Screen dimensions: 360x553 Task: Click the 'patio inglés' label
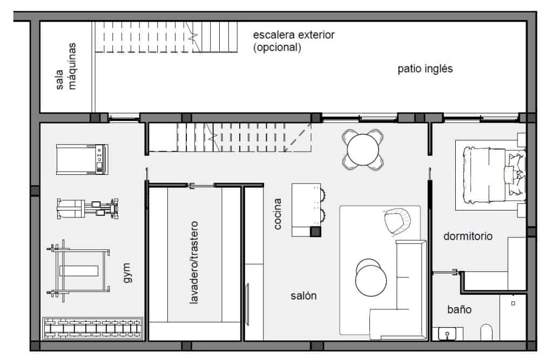tap(425, 69)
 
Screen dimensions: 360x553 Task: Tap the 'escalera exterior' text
tap(294, 35)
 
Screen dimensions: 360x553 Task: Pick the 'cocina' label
tap(278, 214)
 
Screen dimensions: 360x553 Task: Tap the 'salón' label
tap(304, 296)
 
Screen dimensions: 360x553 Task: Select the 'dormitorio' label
tap(468, 236)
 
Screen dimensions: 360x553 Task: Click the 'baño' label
tap(459, 310)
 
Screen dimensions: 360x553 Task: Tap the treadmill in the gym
tap(82, 159)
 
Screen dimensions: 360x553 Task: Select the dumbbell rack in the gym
tap(93, 329)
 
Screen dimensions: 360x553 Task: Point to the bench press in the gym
tap(79, 270)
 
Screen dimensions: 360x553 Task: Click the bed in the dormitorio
tap(490, 175)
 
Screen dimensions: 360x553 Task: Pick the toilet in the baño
tap(486, 332)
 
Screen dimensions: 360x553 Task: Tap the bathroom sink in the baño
tap(448, 334)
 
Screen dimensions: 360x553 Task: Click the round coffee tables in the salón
tap(370, 275)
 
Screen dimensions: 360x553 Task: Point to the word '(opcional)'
tap(277, 47)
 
